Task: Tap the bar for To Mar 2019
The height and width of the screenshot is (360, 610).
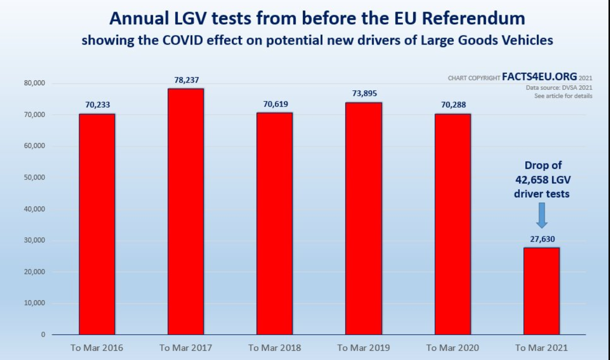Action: (364, 219)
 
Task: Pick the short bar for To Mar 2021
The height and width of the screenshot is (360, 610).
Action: (542, 291)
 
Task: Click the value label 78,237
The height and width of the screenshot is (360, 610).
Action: (186, 80)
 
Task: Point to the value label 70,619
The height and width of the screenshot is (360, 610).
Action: (274, 104)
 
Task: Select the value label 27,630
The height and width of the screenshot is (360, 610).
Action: (542, 239)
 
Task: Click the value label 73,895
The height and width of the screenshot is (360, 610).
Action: (364, 94)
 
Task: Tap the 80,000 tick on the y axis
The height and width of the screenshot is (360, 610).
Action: (34, 83)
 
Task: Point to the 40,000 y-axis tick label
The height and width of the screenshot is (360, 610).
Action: (34, 209)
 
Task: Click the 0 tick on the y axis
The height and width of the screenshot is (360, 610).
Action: (43, 335)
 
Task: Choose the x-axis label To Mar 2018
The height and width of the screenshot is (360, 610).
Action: (274, 348)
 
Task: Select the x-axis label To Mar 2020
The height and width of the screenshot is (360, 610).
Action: (452, 348)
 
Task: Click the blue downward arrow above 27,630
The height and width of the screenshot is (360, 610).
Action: (542, 215)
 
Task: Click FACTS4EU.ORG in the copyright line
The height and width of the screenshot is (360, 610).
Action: (539, 77)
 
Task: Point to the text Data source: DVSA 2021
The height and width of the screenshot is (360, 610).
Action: (559, 87)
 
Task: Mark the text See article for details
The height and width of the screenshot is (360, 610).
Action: (563, 96)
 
